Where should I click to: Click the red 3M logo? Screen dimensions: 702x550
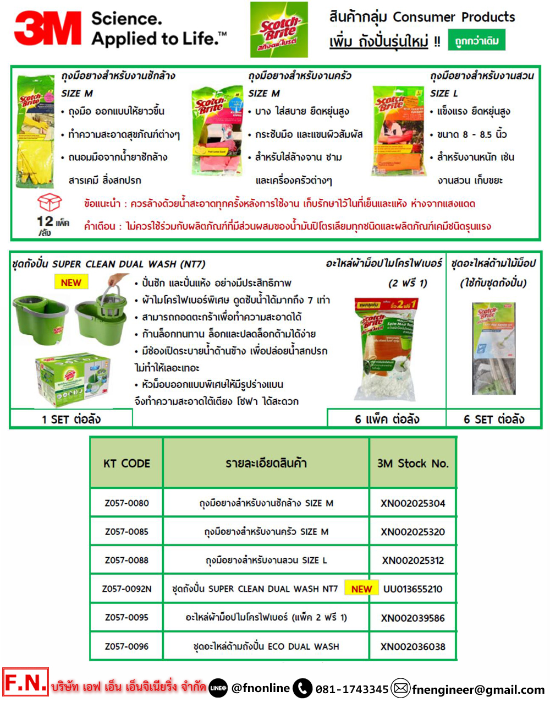[48, 29]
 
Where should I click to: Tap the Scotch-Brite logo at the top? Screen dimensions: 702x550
[279, 30]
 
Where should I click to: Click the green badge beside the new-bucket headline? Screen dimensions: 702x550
[476, 41]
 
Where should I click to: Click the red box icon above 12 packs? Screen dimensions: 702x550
[49, 203]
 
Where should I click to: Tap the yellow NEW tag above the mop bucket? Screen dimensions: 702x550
[71, 282]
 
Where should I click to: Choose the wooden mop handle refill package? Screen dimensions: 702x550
[493, 349]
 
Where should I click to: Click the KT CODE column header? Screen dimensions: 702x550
[127, 464]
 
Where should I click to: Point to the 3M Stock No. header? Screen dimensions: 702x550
[413, 464]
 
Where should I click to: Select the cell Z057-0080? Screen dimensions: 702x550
[127, 503]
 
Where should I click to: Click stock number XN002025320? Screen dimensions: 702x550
[413, 532]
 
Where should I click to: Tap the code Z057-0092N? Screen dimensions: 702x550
[127, 589]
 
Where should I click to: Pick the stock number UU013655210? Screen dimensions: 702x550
[413, 589]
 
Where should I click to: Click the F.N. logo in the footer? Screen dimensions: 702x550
[25, 683]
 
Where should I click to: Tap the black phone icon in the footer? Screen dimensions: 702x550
[302, 688]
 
